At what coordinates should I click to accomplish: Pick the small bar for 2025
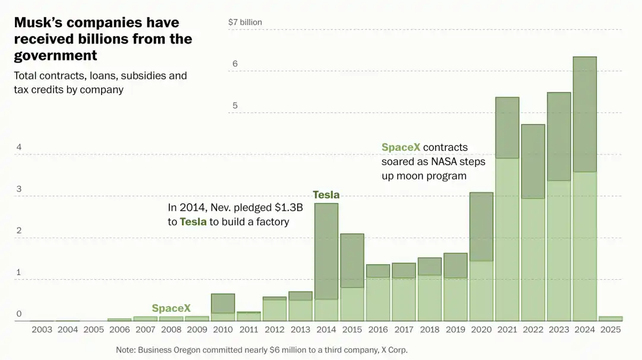(610, 318)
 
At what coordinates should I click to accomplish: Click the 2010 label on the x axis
(223, 330)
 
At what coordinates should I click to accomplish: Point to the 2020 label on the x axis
(481, 330)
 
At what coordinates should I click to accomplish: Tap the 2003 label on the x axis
(42, 330)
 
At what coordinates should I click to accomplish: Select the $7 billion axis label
(245, 23)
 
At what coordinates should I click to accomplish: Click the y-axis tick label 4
(18, 147)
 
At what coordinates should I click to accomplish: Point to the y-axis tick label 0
(18, 314)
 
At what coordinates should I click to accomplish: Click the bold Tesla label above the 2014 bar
(326, 195)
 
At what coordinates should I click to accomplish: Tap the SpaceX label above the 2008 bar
(171, 308)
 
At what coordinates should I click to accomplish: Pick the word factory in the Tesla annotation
(271, 222)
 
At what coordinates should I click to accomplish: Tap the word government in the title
(55, 56)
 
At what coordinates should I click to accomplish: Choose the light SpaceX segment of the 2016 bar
(377, 299)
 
